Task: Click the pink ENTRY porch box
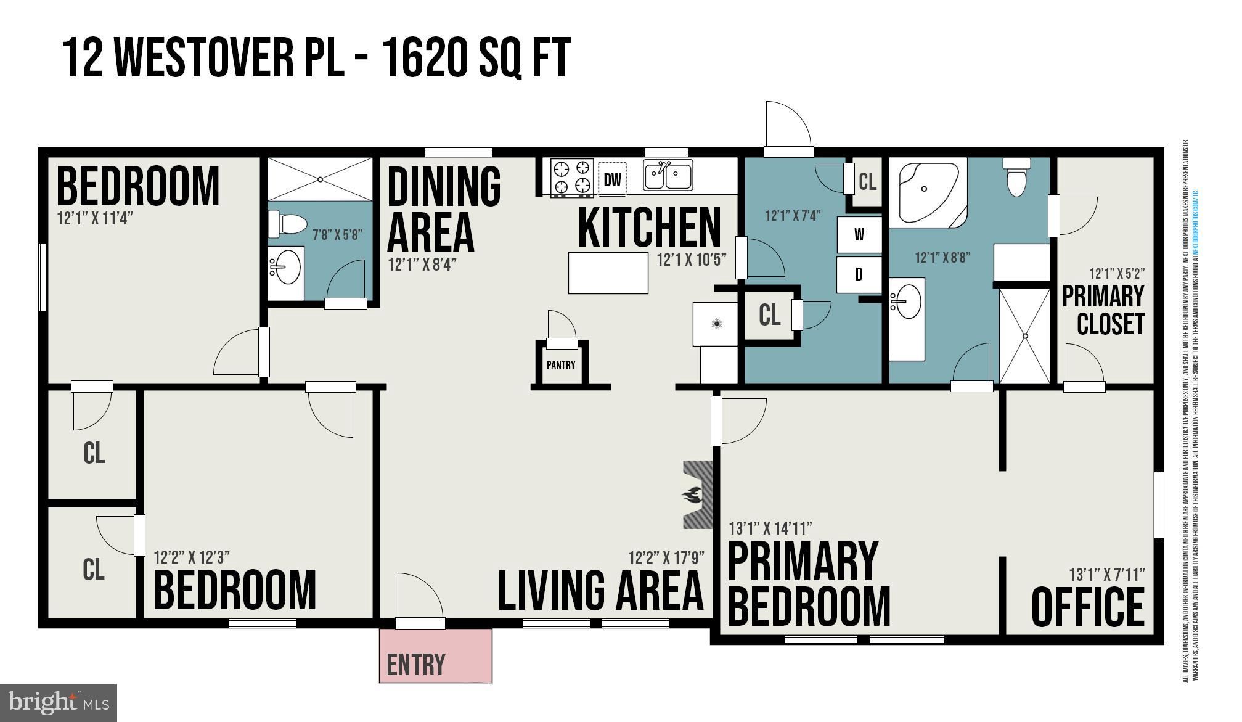click(435, 655)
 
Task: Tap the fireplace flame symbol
click(692, 494)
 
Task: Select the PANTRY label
click(561, 365)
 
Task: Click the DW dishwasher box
click(612, 179)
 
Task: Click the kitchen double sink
click(668, 175)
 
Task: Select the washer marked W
click(859, 234)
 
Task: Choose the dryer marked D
click(859, 275)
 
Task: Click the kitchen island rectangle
click(608, 273)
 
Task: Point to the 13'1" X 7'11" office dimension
click(1106, 575)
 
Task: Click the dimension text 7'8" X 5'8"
click(337, 234)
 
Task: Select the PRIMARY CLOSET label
click(1103, 310)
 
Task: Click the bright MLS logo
click(59, 702)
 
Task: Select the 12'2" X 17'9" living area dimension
click(666, 558)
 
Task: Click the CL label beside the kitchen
click(769, 315)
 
